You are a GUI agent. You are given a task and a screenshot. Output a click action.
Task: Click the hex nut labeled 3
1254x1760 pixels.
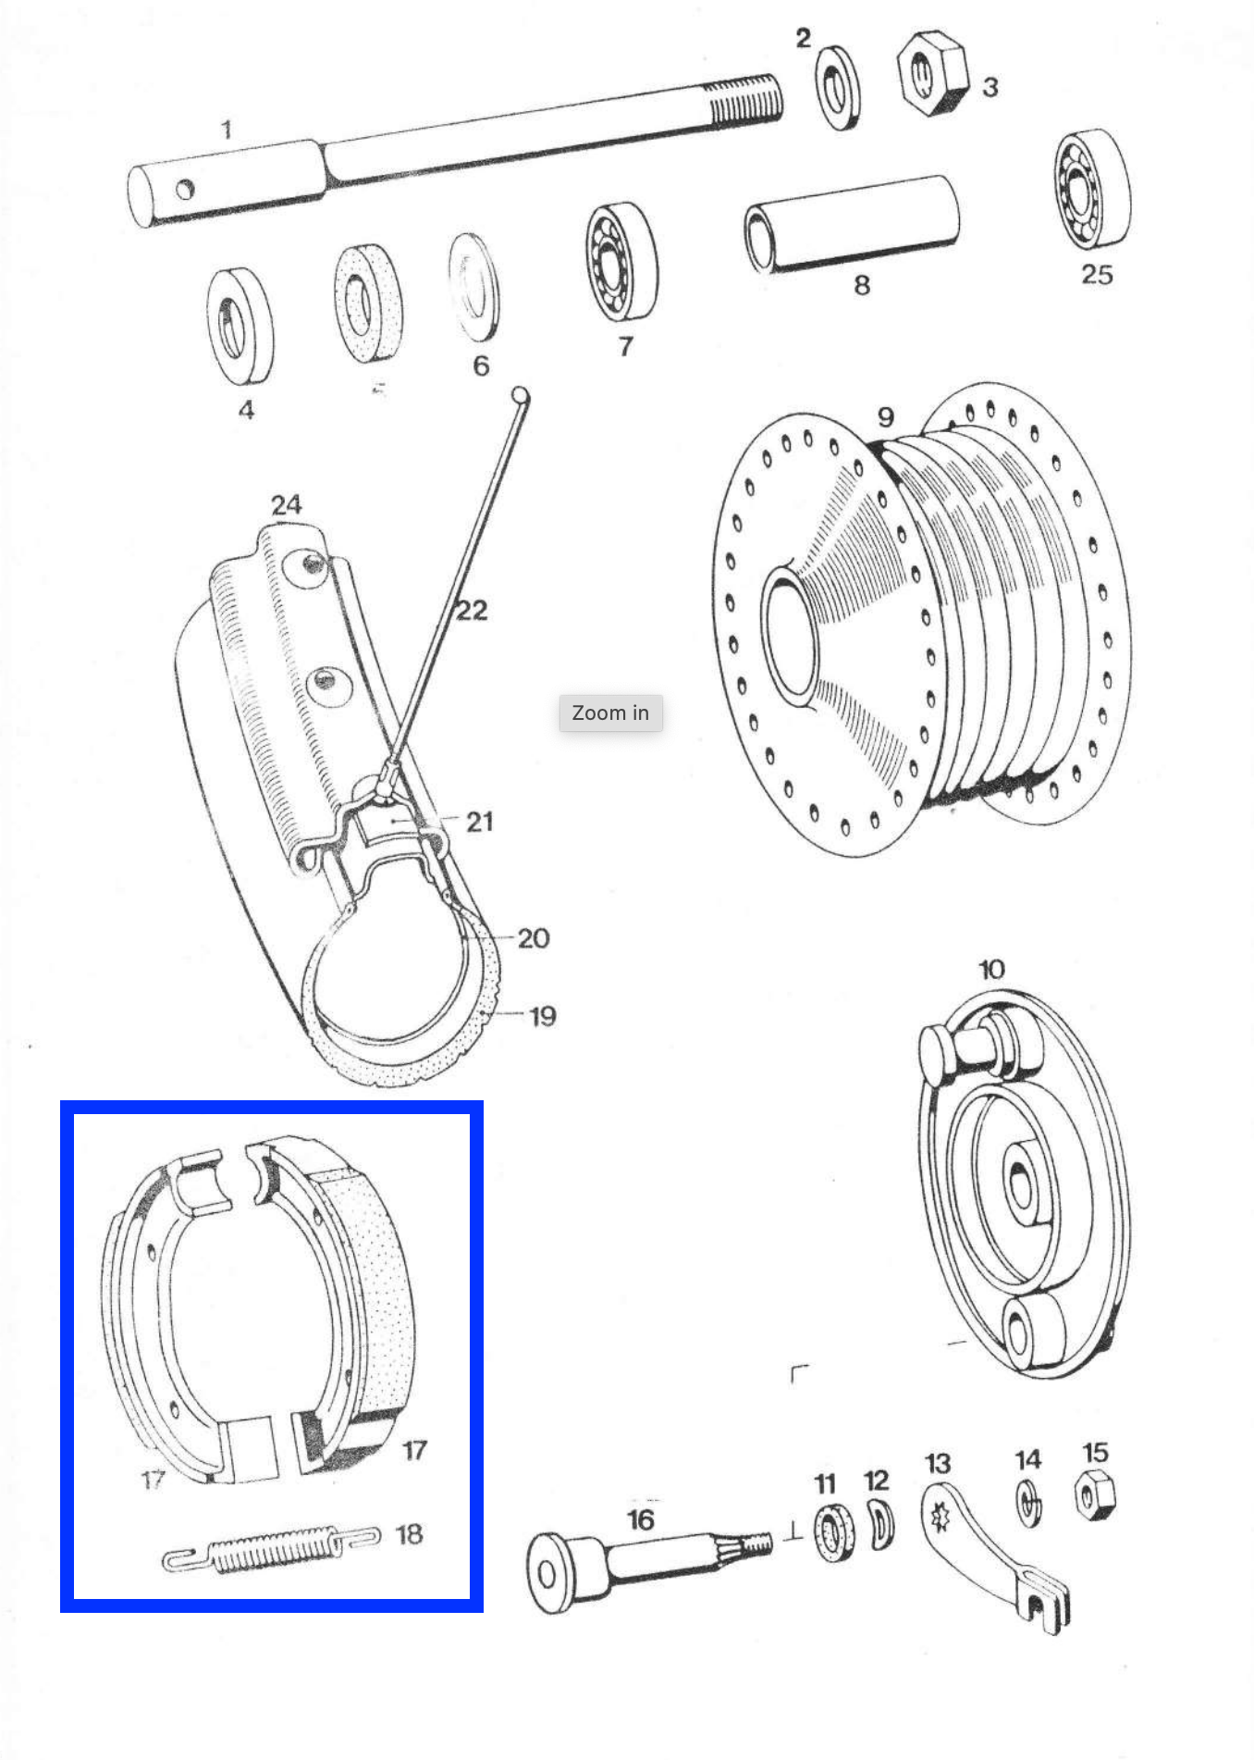pyautogui.click(x=930, y=74)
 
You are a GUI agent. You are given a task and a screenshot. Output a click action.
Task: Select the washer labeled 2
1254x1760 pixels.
pyautogui.click(x=838, y=88)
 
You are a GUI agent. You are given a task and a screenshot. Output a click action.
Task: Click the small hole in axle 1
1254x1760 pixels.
pyautogui.click(x=185, y=190)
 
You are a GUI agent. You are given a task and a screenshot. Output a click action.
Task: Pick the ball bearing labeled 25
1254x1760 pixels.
pyautogui.click(x=1091, y=191)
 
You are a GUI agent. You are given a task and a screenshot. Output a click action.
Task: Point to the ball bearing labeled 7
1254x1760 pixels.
pyautogui.click(x=621, y=263)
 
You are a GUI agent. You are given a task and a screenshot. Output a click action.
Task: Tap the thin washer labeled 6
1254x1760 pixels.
pyautogui.click(x=473, y=288)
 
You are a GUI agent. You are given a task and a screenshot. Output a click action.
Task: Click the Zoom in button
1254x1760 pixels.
pyautogui.click(x=610, y=713)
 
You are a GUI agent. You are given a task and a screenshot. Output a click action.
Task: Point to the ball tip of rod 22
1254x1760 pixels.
pyautogui.click(x=521, y=397)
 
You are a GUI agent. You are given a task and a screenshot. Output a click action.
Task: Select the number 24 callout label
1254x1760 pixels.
pyautogui.click(x=286, y=504)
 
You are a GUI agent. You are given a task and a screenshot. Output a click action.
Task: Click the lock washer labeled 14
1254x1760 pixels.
pyautogui.click(x=1028, y=1502)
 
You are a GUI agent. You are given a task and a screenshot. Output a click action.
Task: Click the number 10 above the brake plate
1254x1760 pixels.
pyautogui.click(x=991, y=970)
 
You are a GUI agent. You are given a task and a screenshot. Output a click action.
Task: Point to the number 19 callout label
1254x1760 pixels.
pyautogui.click(x=542, y=1016)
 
